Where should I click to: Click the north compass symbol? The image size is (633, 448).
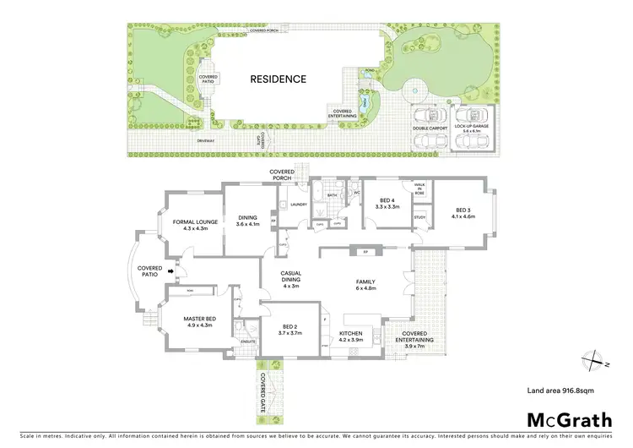[598, 358]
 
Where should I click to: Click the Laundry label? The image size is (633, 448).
[297, 204]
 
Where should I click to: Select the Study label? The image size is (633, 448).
[419, 218]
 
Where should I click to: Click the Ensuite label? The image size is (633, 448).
[248, 341]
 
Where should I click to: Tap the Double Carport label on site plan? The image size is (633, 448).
[430, 128]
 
